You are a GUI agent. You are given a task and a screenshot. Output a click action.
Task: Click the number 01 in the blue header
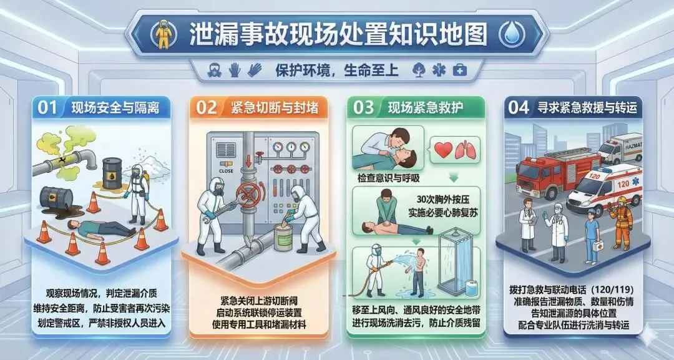47,107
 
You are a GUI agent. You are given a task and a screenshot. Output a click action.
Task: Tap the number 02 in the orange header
207,107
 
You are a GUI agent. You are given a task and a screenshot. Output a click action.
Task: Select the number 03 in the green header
364,107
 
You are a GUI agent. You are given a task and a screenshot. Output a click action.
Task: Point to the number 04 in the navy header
519,107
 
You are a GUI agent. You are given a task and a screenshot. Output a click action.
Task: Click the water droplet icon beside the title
512,34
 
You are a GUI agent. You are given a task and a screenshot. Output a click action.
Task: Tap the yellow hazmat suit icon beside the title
164,34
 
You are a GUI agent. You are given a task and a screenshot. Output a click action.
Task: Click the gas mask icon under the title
214,70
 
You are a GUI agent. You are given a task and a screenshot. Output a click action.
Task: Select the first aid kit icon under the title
459,70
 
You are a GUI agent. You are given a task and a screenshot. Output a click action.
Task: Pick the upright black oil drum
112,173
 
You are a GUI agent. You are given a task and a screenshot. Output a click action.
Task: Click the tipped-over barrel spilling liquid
57,198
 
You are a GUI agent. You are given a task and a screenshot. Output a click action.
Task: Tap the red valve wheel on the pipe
248,195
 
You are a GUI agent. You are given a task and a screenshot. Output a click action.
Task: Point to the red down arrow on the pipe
248,161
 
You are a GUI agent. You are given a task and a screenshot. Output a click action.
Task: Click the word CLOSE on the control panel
226,170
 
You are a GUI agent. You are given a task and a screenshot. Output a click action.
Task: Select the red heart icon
444,149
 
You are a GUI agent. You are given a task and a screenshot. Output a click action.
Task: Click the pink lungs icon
466,150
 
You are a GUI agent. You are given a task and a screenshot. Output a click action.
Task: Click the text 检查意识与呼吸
388,177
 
